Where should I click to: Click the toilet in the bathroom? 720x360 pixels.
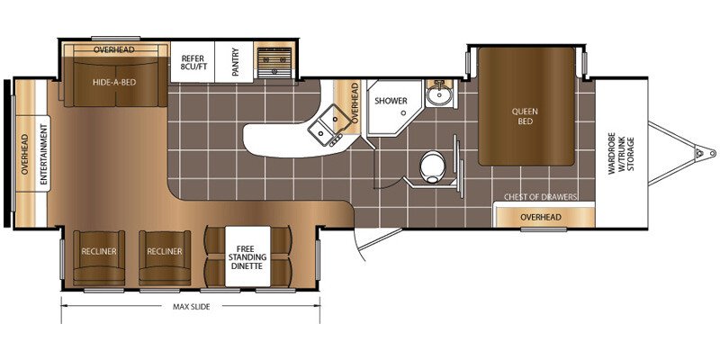[x=433, y=167]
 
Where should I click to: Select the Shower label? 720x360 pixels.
[x=391, y=101]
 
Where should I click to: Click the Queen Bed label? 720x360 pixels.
[x=526, y=117]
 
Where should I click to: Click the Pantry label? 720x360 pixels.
[x=235, y=62]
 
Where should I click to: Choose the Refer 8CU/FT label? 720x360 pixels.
[x=193, y=62]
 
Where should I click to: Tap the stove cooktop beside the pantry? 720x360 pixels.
[x=274, y=62]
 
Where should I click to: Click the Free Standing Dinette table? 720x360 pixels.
[x=247, y=256]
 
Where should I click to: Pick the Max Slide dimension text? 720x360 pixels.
[x=192, y=307]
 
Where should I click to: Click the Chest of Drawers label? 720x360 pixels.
[x=541, y=197]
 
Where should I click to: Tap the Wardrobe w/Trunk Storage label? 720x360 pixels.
[x=622, y=155]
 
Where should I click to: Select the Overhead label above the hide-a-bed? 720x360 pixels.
[x=114, y=49]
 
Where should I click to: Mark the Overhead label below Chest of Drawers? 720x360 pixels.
[x=541, y=217]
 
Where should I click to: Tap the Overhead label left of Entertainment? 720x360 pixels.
[x=25, y=154]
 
